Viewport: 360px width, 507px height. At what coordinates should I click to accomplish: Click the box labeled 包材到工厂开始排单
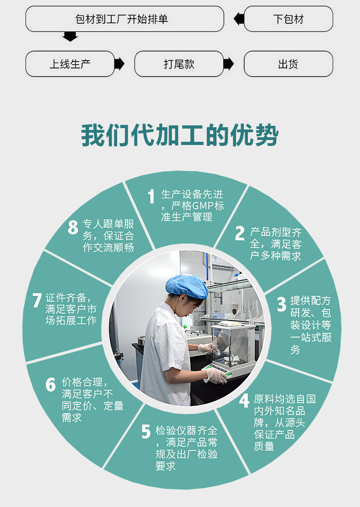[x=124, y=19]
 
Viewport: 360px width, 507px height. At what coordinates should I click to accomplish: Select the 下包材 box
[x=288, y=19]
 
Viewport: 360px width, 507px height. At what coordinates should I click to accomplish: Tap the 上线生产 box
[x=70, y=64]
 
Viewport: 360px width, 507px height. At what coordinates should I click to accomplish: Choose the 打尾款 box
[x=179, y=64]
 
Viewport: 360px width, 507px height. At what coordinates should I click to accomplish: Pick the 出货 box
[x=288, y=64]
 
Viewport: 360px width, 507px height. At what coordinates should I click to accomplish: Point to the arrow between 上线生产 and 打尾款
[x=119, y=64]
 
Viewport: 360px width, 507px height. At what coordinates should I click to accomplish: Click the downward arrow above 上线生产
[x=70, y=36]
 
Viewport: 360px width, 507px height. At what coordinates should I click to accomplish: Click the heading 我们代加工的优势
[x=180, y=135]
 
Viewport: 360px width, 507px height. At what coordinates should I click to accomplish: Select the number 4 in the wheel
[x=244, y=401]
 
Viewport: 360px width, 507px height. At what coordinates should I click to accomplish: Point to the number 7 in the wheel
[x=37, y=300]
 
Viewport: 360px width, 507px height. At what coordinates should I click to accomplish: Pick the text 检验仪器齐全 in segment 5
[x=186, y=430]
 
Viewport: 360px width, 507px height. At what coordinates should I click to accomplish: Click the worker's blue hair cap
[x=187, y=285]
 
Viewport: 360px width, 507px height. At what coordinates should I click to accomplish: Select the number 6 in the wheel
[x=51, y=385]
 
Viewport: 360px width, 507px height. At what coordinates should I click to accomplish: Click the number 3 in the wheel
[x=282, y=304]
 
